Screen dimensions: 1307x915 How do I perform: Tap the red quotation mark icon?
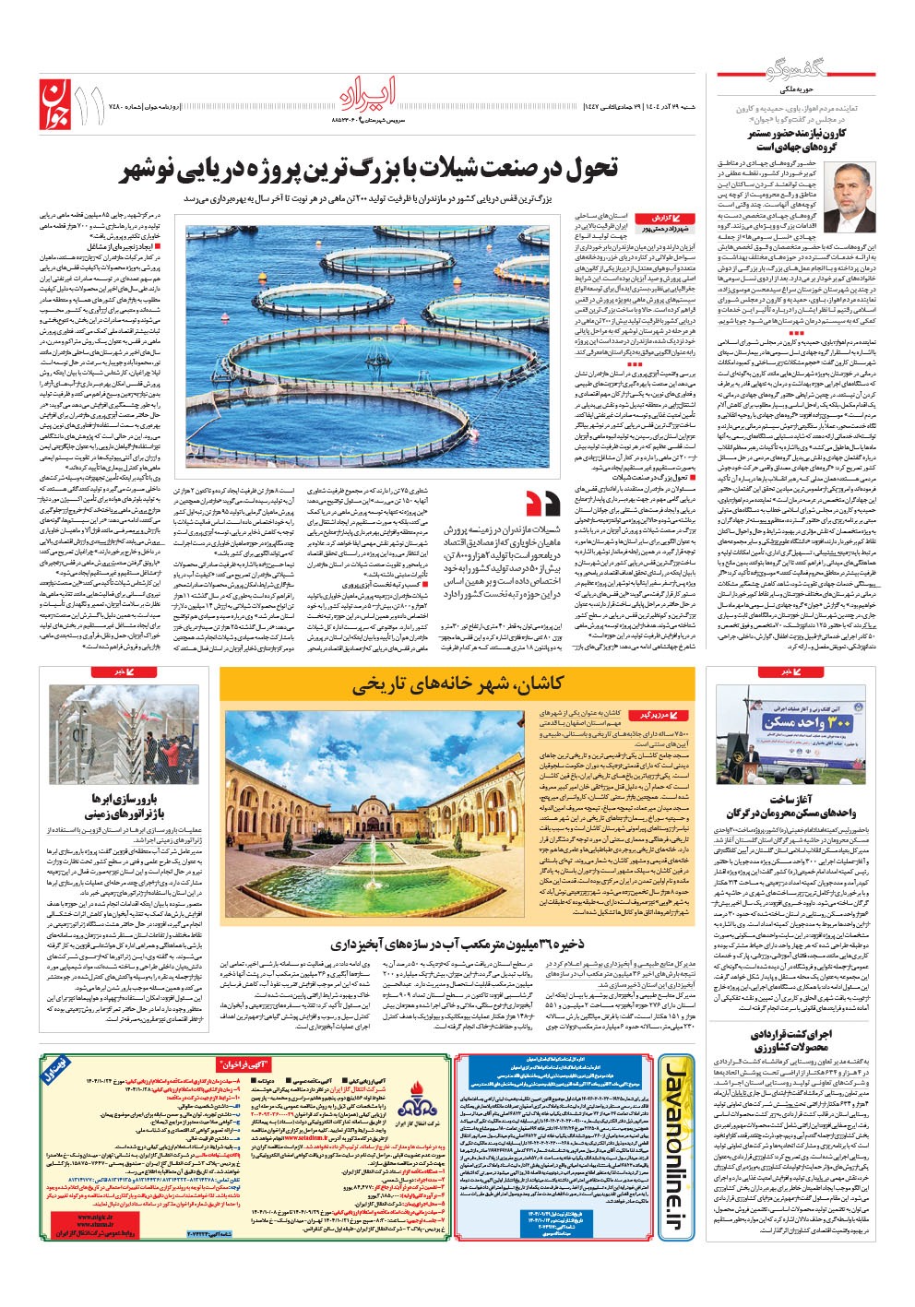tap(541, 504)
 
